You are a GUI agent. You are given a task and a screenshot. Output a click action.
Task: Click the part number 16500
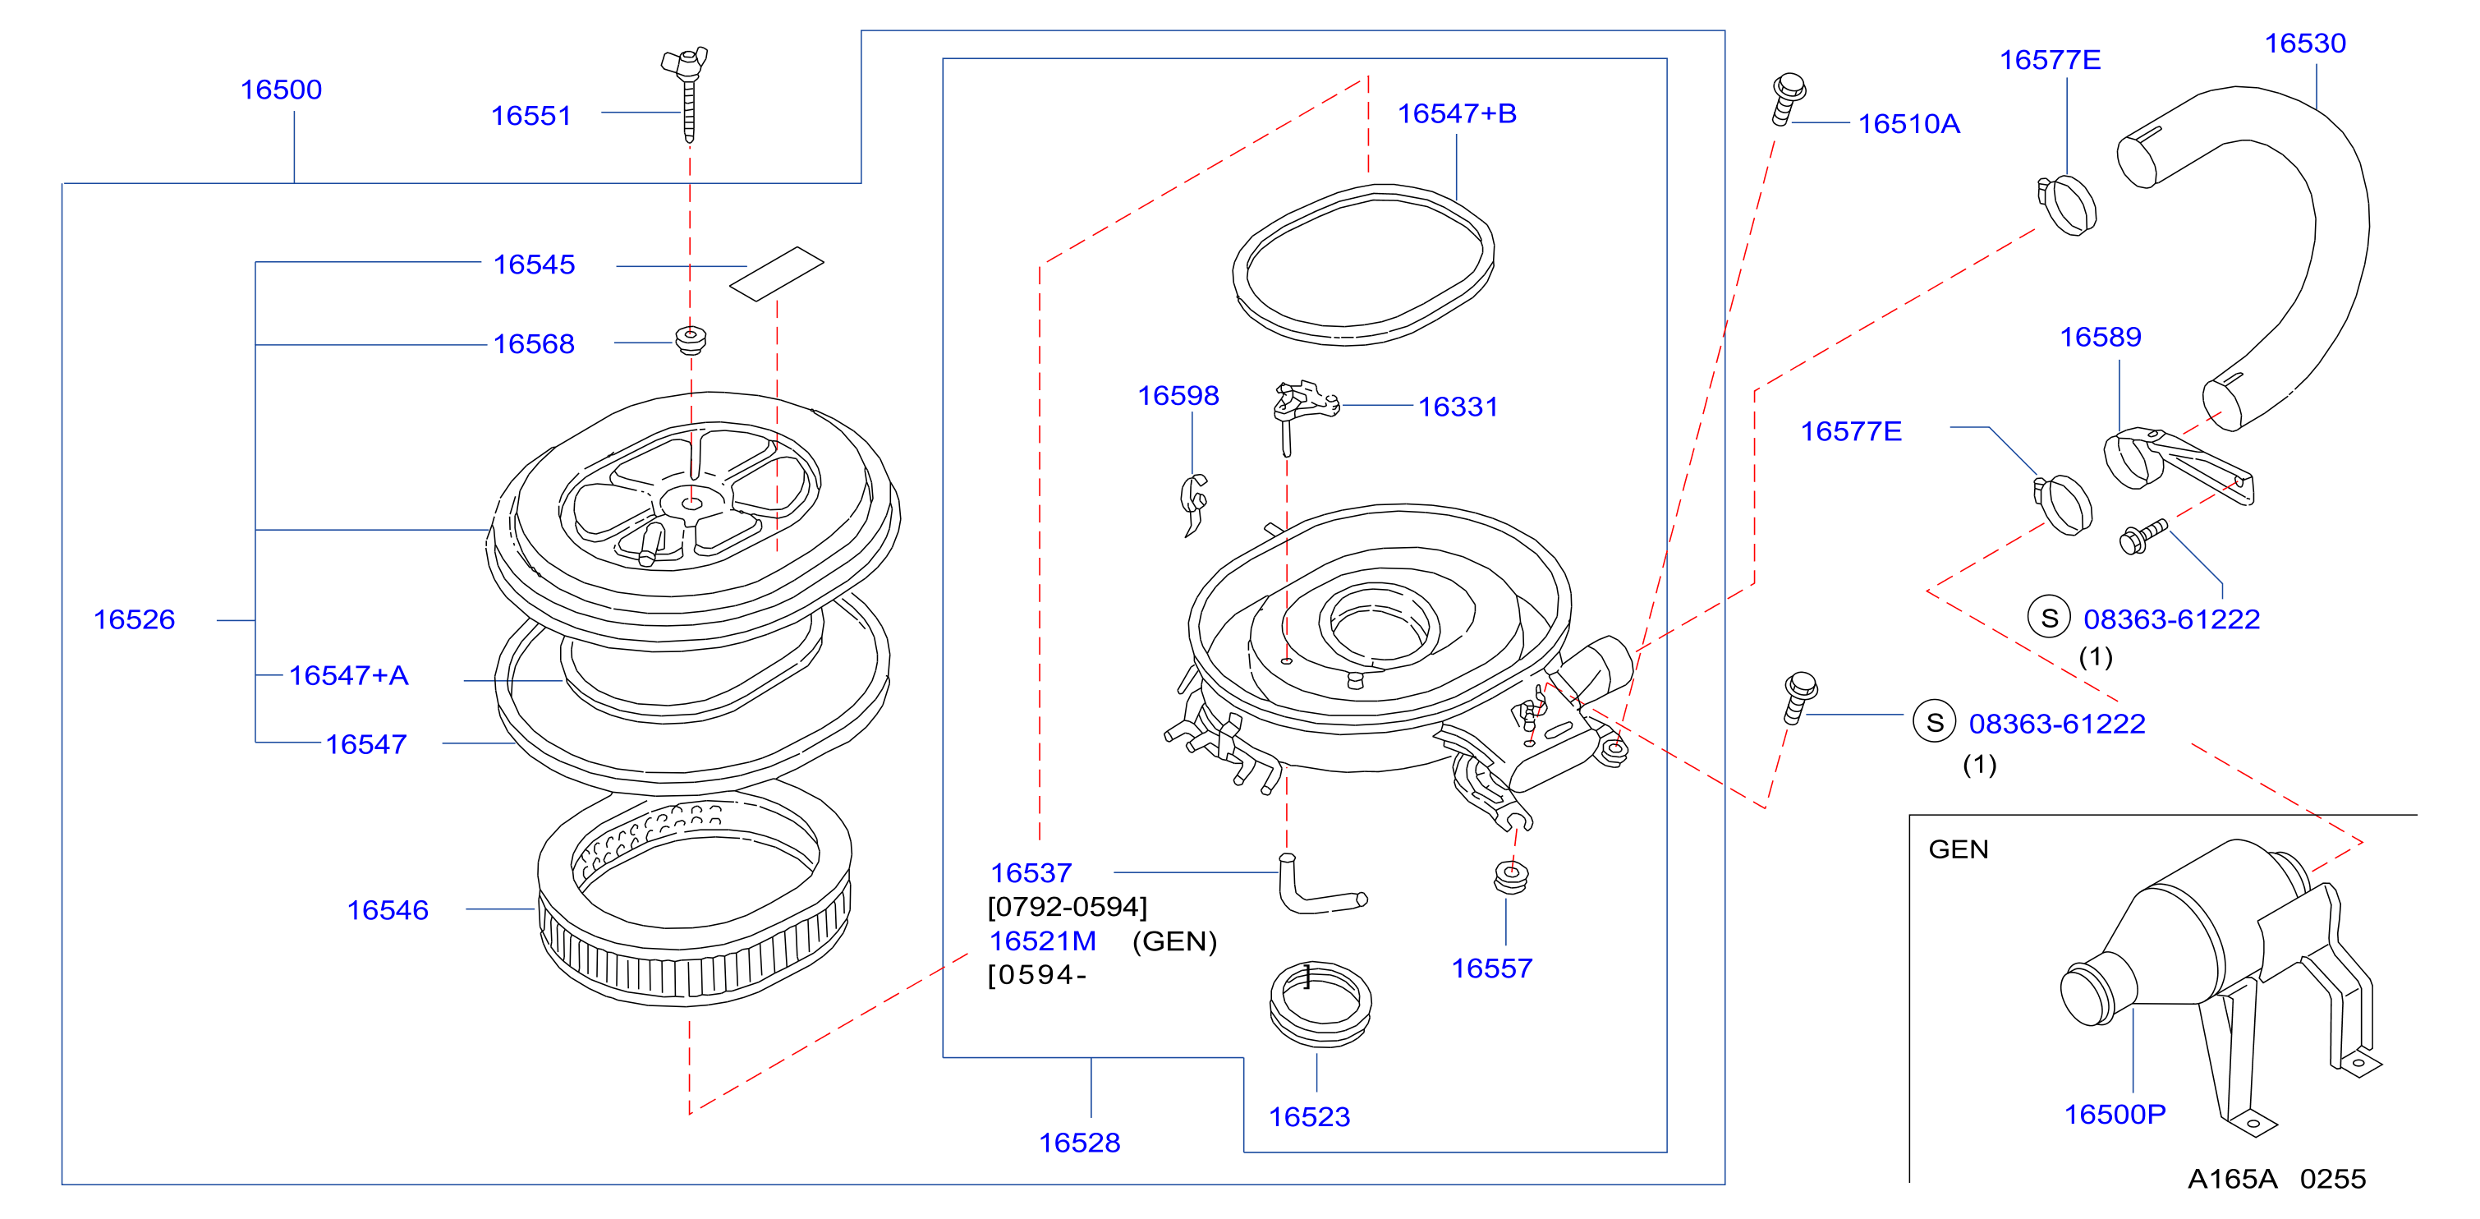(281, 90)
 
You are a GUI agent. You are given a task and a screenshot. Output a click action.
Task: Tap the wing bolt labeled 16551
(687, 94)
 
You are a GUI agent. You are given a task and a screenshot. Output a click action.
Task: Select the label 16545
(535, 264)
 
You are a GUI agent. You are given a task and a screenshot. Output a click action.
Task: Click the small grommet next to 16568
(691, 340)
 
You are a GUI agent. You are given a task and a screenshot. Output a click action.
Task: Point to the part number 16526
(135, 619)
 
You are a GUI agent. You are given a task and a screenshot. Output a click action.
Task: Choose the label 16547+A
(348, 675)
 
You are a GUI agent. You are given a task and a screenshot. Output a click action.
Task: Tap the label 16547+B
(1457, 113)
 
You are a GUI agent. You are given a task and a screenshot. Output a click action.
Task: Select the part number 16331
(1458, 407)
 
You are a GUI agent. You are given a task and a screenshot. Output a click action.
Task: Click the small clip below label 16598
(1193, 503)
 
